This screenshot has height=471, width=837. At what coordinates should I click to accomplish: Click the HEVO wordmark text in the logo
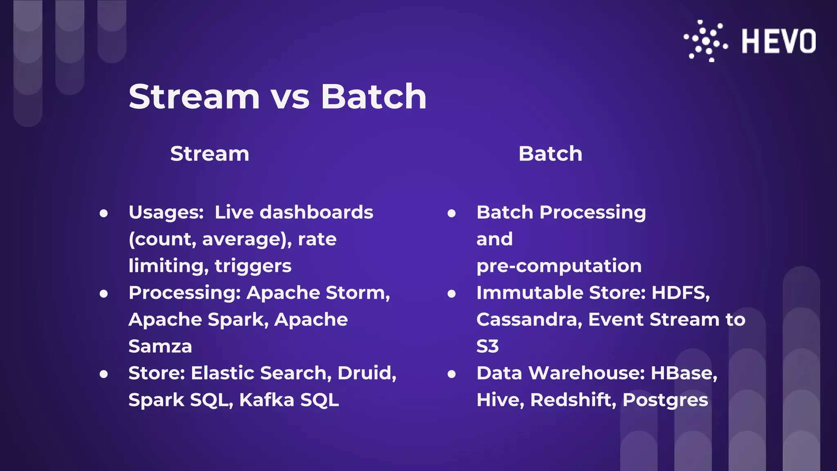(779, 41)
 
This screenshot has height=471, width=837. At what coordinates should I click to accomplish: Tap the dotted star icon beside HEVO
(706, 41)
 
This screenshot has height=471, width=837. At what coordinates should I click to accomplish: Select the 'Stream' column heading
(210, 154)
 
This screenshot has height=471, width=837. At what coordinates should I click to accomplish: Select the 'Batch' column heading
(550, 154)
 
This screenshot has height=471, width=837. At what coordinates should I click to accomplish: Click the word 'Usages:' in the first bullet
(166, 213)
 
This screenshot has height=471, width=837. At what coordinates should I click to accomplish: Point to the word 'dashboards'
(316, 213)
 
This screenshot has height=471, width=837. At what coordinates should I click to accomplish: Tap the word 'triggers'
(253, 266)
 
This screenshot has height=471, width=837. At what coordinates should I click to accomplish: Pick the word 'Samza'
(160, 346)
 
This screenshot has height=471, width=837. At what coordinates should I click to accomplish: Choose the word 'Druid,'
(367, 373)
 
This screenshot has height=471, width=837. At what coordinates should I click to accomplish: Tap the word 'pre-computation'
(559, 266)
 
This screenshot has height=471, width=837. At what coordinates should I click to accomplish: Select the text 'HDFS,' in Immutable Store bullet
(680, 293)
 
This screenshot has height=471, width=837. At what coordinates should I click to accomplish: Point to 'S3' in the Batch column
(488, 346)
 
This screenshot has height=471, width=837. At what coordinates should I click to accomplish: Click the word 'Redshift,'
(573, 400)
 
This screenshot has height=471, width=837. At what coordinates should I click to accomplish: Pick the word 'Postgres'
(665, 400)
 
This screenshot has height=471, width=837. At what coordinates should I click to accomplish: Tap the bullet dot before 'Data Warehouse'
(452, 374)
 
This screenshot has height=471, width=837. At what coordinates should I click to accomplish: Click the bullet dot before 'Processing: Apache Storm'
(104, 294)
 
